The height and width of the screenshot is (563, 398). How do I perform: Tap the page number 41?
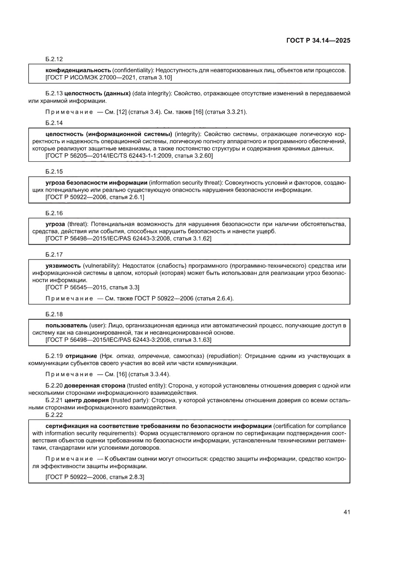click(x=346, y=511)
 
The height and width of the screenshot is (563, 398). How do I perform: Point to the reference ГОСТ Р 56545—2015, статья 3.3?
click(x=92, y=287)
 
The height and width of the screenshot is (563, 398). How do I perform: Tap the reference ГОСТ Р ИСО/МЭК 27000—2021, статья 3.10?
click(x=109, y=77)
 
